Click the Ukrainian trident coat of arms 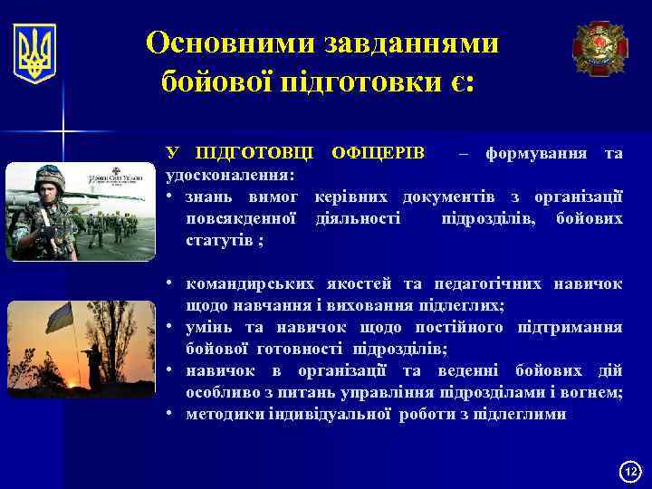coord(34,53)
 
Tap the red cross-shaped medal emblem coord(599,47)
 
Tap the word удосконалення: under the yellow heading coord(228,174)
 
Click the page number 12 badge coord(630,471)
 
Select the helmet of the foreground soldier coord(47,179)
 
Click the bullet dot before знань coord(170,197)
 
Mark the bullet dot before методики coord(170,415)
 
